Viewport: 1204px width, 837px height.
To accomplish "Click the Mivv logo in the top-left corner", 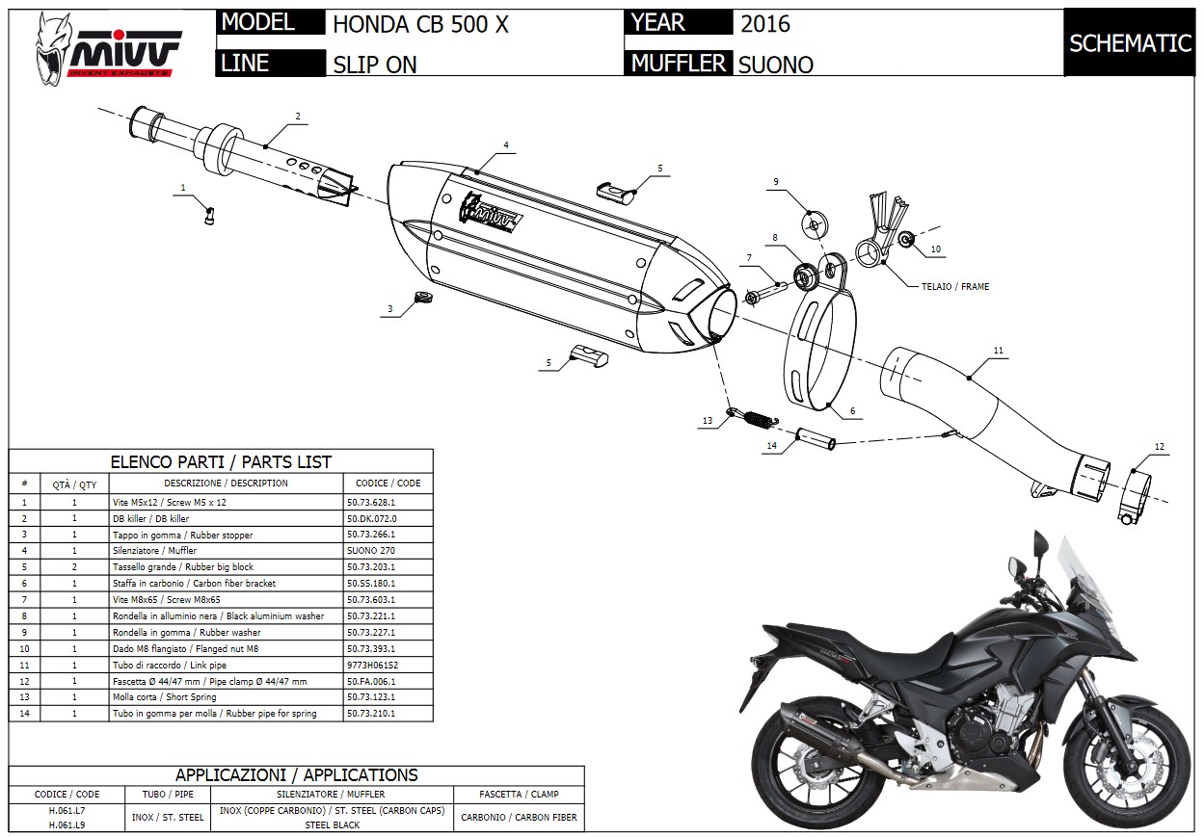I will point(106,43).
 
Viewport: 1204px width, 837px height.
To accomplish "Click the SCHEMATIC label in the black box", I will point(1130,43).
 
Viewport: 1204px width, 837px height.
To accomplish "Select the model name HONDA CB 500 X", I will point(420,25).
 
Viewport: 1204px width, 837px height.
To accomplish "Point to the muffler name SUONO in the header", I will point(776,65).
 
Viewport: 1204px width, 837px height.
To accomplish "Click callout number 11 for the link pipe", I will point(999,350).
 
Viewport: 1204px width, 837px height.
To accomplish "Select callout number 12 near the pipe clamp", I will point(1160,447).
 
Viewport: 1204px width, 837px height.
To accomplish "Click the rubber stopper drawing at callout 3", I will point(419,298).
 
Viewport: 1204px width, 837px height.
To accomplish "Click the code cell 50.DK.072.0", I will point(370,518).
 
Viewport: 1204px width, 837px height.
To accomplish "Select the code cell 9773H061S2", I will point(372,665).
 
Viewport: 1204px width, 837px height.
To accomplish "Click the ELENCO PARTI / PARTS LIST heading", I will point(221,461).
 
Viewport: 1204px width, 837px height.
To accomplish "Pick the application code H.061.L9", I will point(67,825).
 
